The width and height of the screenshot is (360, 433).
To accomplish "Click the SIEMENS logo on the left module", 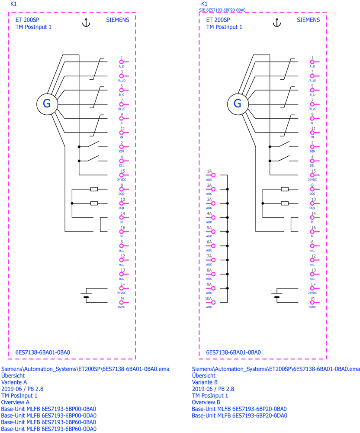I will [x=116, y=19].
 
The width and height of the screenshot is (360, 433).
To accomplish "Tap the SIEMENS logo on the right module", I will [x=309, y=19].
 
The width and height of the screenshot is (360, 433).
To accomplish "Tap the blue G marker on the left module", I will [x=47, y=103].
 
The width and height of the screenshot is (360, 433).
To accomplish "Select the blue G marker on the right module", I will [x=237, y=103].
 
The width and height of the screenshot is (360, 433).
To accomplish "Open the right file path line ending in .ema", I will [x=275, y=369].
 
